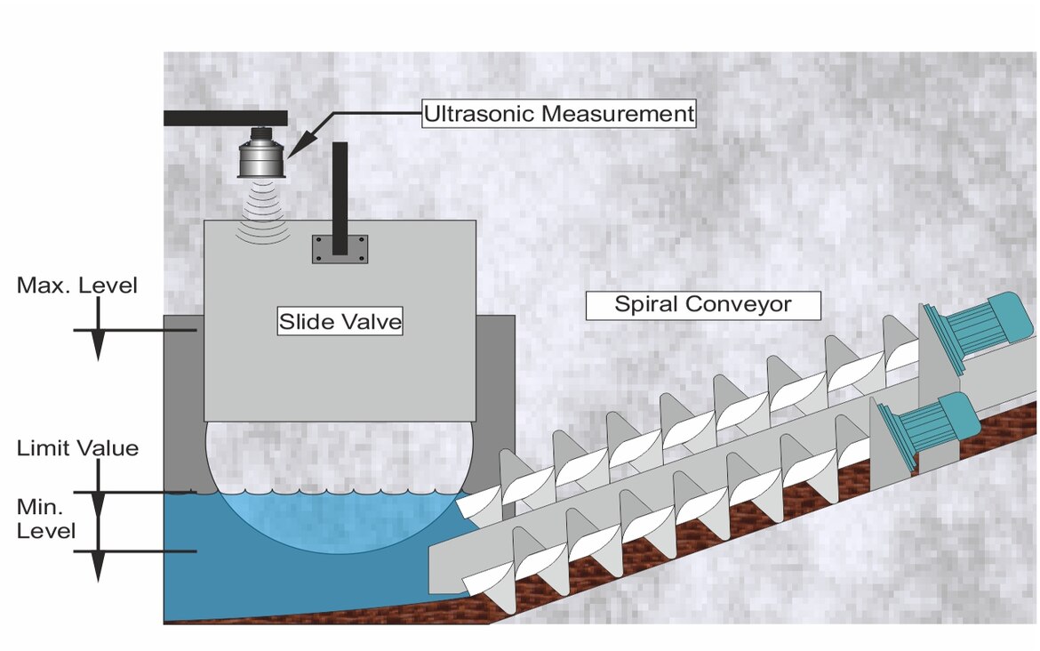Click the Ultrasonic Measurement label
(x=558, y=114)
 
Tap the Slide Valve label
(x=340, y=321)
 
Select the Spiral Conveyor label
(x=702, y=305)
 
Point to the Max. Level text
(x=77, y=285)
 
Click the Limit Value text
(x=77, y=448)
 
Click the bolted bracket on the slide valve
(x=340, y=249)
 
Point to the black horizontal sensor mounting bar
(x=226, y=117)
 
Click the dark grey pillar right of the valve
(x=494, y=391)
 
